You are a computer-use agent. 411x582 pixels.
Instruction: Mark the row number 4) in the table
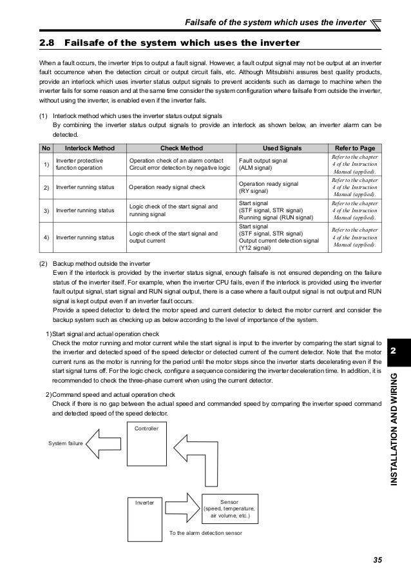pyautogui.click(x=46, y=236)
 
